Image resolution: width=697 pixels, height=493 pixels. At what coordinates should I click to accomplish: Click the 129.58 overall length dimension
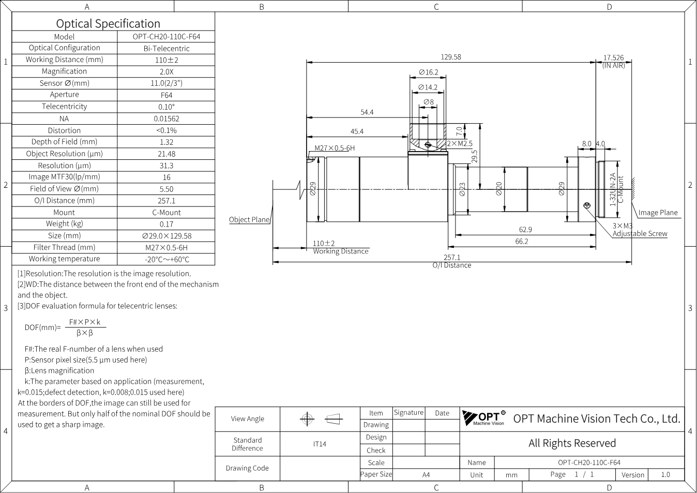click(x=451, y=57)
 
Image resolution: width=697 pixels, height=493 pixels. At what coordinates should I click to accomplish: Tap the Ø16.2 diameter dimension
click(x=429, y=72)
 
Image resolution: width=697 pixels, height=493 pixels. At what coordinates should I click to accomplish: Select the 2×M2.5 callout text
click(x=460, y=143)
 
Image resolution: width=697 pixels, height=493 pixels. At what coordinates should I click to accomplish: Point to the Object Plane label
click(x=249, y=219)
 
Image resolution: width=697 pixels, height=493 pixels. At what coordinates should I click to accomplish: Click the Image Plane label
click(x=658, y=213)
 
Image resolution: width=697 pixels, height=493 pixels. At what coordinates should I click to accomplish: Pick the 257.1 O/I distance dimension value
click(x=452, y=258)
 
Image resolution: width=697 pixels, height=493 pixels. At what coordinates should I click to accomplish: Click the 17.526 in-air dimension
click(x=614, y=57)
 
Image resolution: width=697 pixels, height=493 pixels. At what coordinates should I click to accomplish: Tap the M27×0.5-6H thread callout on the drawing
click(x=335, y=148)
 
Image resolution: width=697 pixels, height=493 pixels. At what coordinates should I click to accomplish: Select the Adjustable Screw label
click(x=640, y=233)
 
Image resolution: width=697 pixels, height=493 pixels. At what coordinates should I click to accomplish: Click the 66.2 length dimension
click(x=522, y=241)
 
